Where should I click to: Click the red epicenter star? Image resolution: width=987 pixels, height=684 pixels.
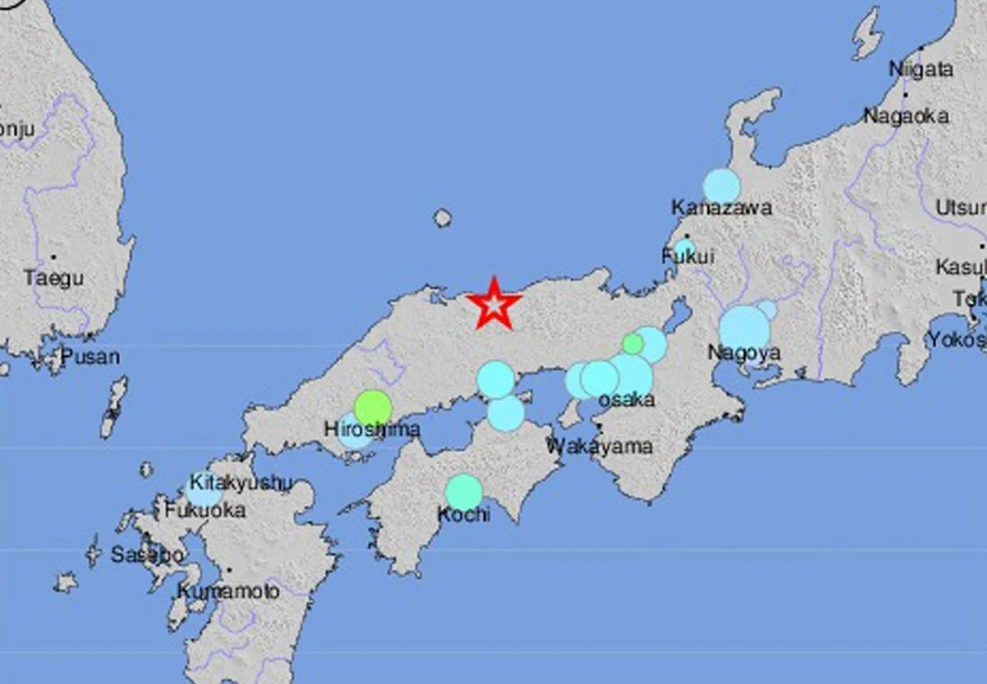[x=494, y=304]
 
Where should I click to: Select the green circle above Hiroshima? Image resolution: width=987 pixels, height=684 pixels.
[x=373, y=407]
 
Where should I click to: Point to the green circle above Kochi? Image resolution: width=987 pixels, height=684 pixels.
[x=464, y=492]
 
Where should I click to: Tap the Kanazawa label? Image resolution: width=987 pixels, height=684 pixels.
[x=721, y=208]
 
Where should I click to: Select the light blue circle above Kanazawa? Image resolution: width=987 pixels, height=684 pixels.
[x=721, y=186]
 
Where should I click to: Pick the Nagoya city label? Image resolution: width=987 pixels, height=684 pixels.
[x=744, y=354]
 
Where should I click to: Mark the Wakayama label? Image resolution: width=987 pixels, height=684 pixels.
[x=600, y=446]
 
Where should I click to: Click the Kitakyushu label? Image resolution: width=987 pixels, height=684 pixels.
[x=240, y=483]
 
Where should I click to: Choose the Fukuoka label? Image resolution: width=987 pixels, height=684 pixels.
[x=205, y=511]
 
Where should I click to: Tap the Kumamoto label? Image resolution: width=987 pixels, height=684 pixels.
[x=228, y=590]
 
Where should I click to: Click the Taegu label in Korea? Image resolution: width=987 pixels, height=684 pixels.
[x=53, y=278]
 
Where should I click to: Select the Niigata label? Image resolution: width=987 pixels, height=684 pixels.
[x=921, y=69]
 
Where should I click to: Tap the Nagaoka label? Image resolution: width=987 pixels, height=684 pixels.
[x=906, y=117]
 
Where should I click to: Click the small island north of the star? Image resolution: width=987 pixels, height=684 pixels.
[x=443, y=218]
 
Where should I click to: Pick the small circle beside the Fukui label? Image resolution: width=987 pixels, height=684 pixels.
[x=685, y=248]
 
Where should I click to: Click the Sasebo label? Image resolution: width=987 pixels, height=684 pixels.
[x=147, y=555]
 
